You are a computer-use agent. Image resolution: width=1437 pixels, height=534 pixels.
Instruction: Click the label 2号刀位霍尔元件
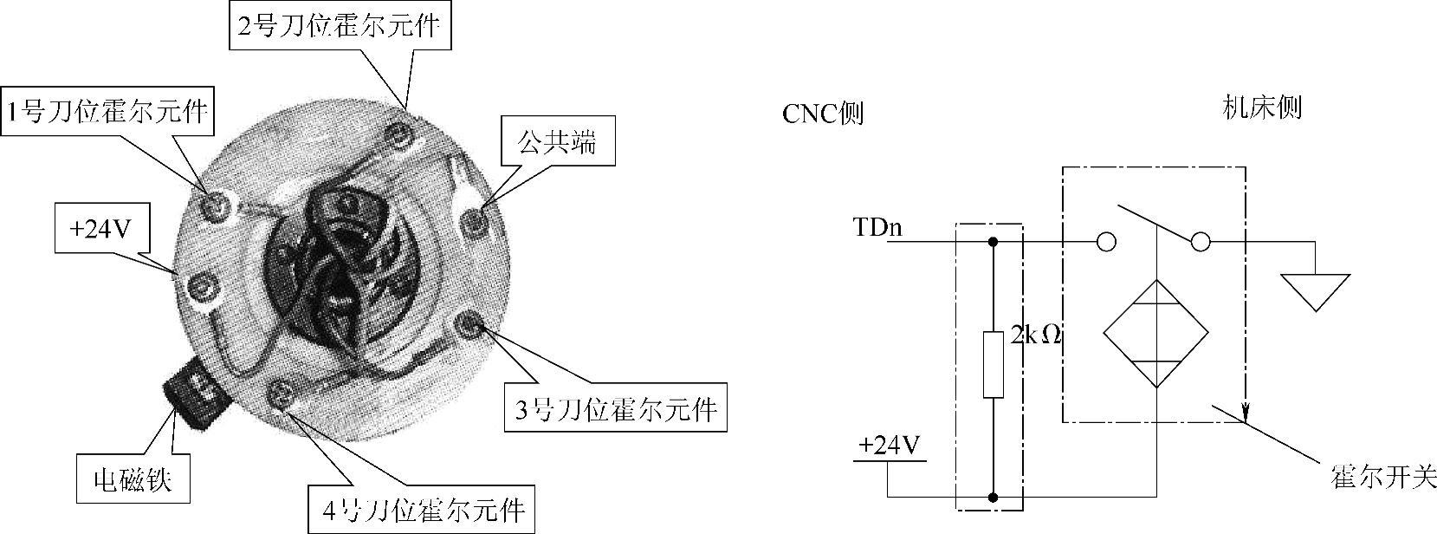pos(340,26)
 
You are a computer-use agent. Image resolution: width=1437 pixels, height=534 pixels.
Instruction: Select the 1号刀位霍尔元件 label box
pos(107,112)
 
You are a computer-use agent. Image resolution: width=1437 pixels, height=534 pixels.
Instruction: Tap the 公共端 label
pos(557,141)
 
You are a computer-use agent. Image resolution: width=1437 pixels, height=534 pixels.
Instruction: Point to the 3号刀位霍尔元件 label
pos(616,407)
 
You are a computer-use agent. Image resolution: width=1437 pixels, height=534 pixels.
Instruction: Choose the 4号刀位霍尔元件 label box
pos(422,509)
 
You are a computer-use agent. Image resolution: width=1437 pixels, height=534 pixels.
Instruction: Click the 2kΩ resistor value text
pos(1036,335)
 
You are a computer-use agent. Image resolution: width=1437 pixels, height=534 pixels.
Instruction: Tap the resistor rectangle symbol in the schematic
pos(994,364)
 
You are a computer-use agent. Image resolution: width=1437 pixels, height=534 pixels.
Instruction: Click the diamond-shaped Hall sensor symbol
pos(1155,333)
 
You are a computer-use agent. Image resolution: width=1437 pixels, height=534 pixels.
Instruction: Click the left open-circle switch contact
pos(1105,242)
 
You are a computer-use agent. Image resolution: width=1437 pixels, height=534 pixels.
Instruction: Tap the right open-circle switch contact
pos(1200,242)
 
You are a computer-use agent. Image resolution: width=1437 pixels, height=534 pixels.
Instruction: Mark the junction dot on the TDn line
pos(994,242)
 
